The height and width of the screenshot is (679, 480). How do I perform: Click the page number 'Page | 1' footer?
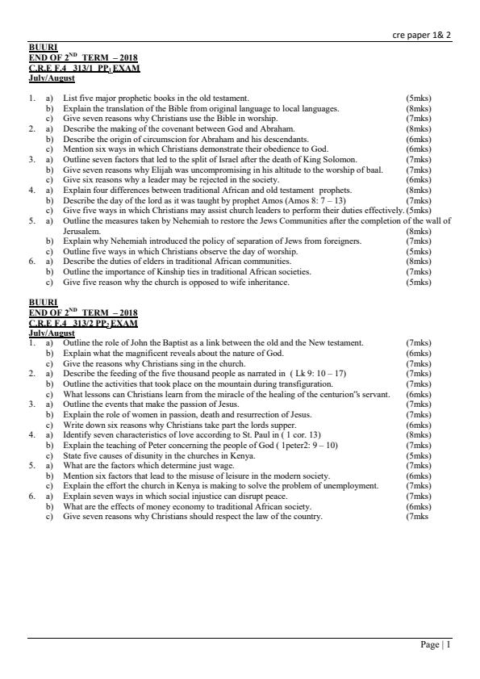(436, 644)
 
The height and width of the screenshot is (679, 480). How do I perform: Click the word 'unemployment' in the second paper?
(349, 486)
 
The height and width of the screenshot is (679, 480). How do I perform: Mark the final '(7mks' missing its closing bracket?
(417, 517)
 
